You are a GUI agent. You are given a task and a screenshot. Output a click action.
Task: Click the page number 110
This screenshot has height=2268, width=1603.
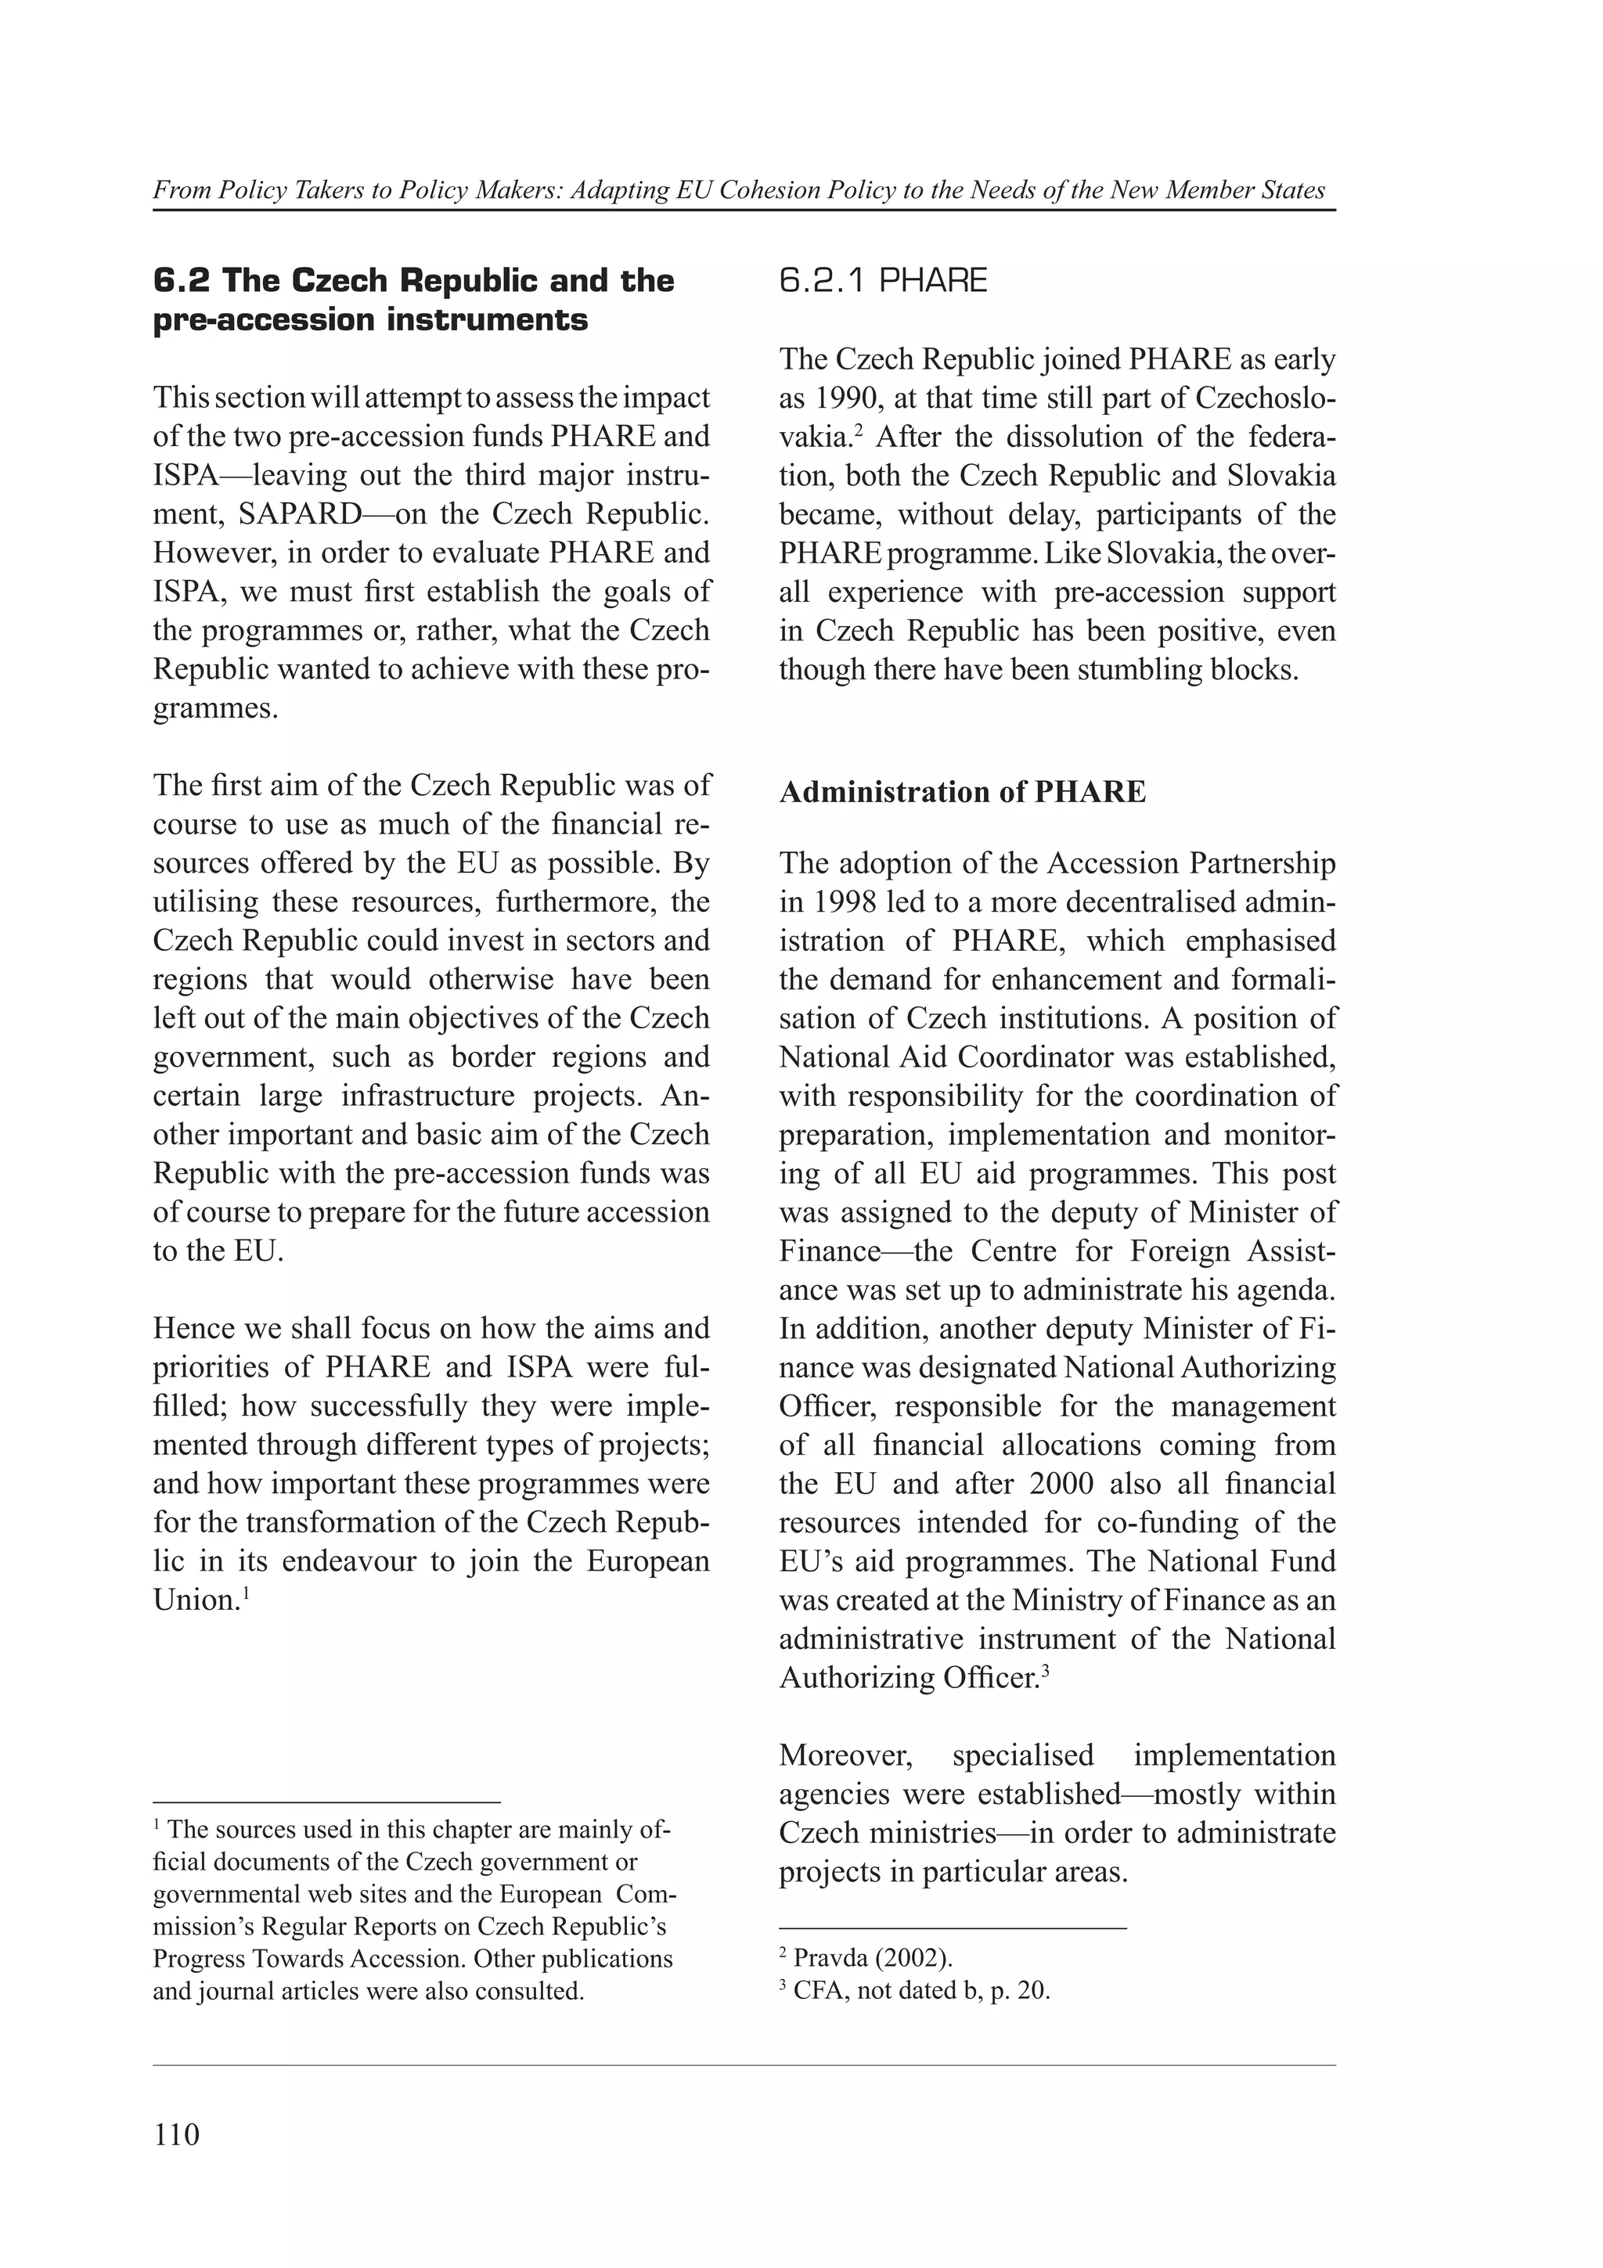pos(177,2133)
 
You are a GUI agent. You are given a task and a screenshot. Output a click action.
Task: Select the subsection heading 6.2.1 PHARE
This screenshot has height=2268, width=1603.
pos(883,282)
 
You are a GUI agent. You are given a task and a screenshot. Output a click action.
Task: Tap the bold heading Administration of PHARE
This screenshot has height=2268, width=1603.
pos(962,792)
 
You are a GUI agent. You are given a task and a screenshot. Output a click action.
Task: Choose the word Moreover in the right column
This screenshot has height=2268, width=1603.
pos(845,1755)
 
